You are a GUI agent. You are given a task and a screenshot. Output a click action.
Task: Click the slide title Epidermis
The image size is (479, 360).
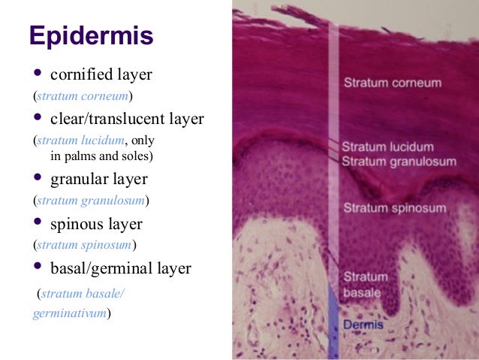pos(91,35)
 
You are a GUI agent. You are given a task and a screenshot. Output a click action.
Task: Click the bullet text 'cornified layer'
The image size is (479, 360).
pos(101,74)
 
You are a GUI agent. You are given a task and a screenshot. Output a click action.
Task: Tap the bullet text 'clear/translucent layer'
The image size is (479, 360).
pos(127,119)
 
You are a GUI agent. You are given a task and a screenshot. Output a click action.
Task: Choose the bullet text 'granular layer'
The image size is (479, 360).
pos(98,179)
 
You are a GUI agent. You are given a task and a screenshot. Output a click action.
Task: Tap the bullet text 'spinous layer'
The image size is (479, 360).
pos(96,223)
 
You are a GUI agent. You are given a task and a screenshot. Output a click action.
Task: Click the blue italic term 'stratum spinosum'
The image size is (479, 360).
pos(84,245)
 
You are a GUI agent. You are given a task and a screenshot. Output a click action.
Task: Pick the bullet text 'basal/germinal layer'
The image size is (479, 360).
pos(120,268)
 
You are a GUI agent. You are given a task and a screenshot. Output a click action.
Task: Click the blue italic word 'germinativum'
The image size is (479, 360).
pos(71,312)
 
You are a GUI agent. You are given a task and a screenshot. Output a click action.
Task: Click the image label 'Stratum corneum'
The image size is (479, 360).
pos(393,81)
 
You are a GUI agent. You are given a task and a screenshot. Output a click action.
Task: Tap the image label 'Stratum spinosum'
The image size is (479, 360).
pos(394,207)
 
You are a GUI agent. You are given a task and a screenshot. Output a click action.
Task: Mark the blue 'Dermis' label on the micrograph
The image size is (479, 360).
pos(364,325)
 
